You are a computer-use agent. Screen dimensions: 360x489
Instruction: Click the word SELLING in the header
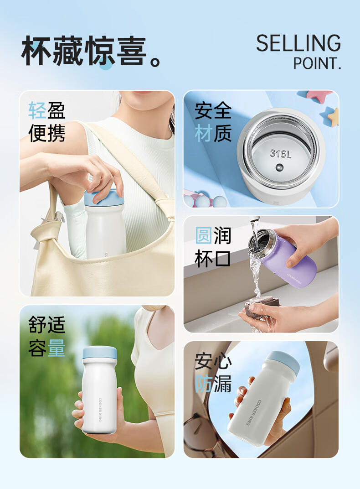(298, 43)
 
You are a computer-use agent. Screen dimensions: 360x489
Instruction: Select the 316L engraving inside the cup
(280, 153)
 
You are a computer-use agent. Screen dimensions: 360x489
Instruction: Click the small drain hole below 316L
(279, 168)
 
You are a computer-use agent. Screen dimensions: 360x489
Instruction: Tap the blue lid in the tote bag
(104, 197)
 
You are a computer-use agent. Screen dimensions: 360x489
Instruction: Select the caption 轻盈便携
(47, 122)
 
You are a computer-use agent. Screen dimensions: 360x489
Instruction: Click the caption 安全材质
(213, 122)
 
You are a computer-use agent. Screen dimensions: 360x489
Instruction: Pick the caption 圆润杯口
(213, 247)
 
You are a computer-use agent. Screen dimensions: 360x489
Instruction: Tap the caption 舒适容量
(47, 336)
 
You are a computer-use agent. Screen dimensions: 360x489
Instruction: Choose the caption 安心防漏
(213, 372)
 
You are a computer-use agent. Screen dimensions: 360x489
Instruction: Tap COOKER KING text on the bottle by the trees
(100, 410)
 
